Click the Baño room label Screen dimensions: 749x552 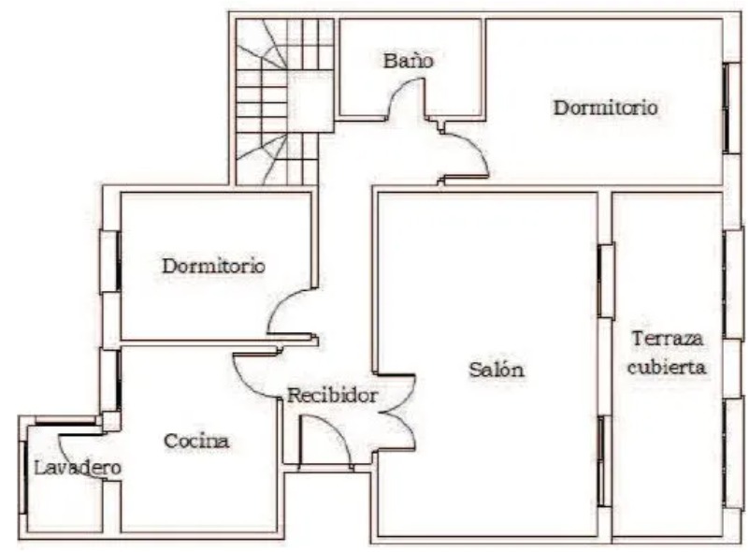click(x=409, y=61)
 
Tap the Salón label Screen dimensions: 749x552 click(x=497, y=370)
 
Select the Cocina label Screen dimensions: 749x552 click(x=196, y=441)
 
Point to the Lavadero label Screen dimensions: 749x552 click(x=78, y=468)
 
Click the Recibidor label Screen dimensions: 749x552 click(x=333, y=395)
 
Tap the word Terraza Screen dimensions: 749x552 click(x=668, y=339)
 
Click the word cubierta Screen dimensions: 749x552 click(x=667, y=367)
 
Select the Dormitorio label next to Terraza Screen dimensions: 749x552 click(x=606, y=107)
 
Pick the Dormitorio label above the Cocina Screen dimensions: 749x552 click(x=213, y=266)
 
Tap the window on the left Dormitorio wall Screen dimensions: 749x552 click(x=110, y=261)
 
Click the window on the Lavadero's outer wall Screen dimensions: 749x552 click(x=22, y=477)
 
